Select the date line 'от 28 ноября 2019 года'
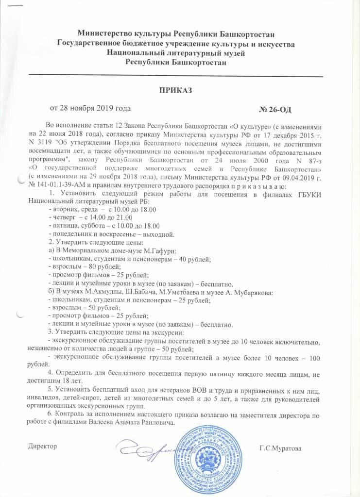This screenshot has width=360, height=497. click(x=90, y=108)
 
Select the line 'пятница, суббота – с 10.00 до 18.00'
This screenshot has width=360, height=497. click(x=105, y=225)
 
